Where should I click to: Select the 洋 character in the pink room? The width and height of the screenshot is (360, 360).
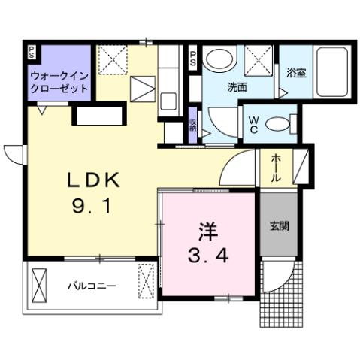(208, 230)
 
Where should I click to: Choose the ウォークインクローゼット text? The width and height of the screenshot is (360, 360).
(59, 83)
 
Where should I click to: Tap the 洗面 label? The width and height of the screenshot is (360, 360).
(237, 87)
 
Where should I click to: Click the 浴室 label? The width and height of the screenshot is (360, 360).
(295, 74)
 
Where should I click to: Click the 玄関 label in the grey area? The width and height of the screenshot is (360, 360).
(279, 225)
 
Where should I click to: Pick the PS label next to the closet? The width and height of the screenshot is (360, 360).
(32, 52)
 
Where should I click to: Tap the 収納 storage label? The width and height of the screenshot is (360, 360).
(193, 125)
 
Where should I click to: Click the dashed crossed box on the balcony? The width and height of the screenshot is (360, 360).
(147, 283)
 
